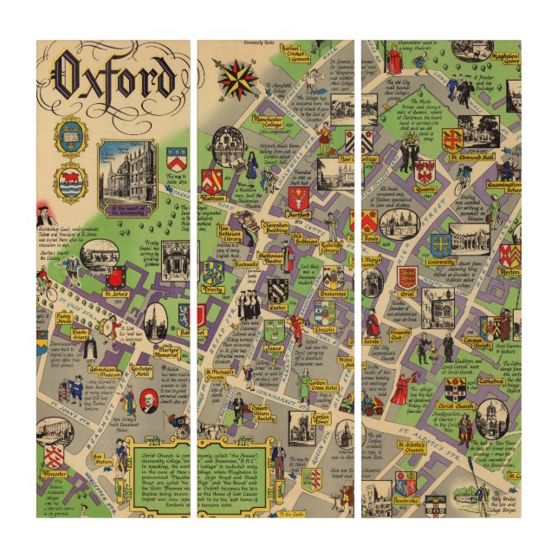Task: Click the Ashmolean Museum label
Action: pyautogui.click(x=104, y=367)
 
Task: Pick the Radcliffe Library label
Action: pyautogui.click(x=330, y=250)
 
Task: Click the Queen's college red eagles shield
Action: pyautogui.click(x=425, y=172)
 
